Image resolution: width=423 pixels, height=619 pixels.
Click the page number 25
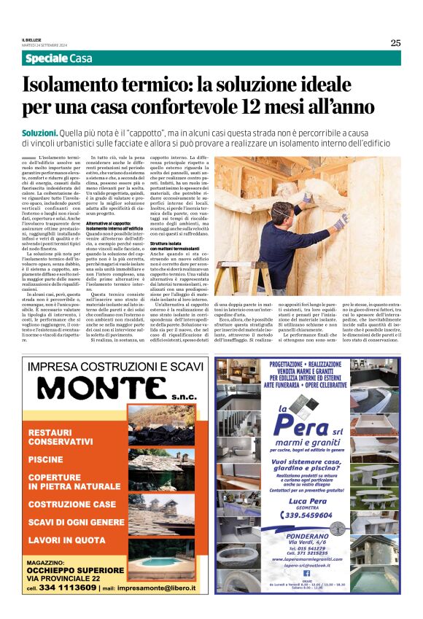point(395,42)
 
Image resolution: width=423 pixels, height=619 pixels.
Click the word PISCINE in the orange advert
point(45,460)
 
